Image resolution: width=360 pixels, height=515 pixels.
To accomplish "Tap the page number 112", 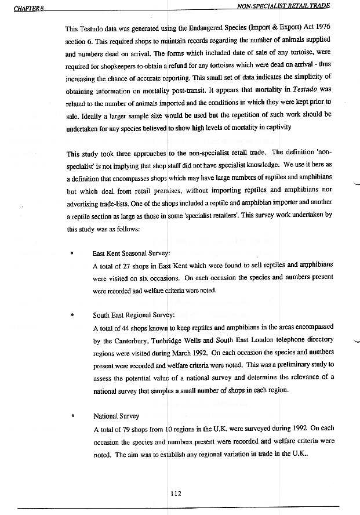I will tap(176, 494).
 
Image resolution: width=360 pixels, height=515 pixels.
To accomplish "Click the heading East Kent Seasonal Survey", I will tap(132, 254).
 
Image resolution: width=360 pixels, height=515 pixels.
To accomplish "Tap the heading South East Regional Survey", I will tap(134, 315).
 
